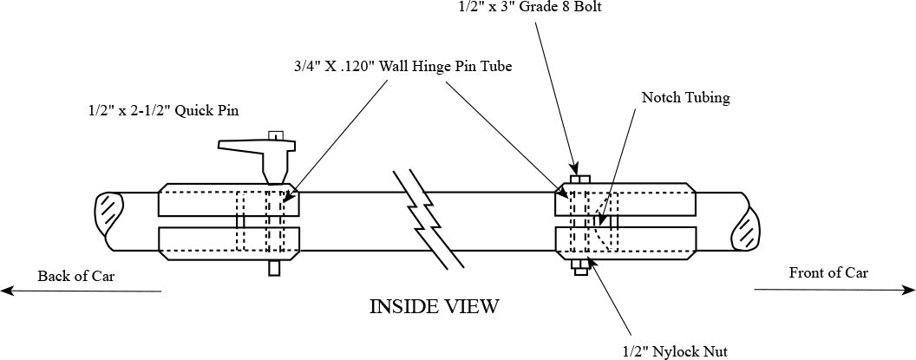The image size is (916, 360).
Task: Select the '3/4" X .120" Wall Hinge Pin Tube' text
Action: pyautogui.click(x=402, y=66)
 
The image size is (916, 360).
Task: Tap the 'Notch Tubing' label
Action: pyautogui.click(x=685, y=97)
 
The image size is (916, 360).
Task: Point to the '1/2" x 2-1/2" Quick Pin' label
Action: pyautogui.click(x=162, y=110)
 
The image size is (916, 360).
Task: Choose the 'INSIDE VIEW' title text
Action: pyautogui.click(x=435, y=306)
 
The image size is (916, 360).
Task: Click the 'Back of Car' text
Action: pyautogui.click(x=75, y=276)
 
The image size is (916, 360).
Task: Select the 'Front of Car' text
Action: pyautogui.click(x=828, y=272)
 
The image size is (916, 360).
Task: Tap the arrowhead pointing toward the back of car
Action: pyautogui.click(x=7, y=291)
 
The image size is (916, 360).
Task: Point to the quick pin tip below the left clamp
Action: pyautogui.click(x=274, y=268)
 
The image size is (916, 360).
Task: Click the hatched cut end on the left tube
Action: pyautogui.click(x=109, y=211)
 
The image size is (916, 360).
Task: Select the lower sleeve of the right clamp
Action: pyautogui.click(x=625, y=242)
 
